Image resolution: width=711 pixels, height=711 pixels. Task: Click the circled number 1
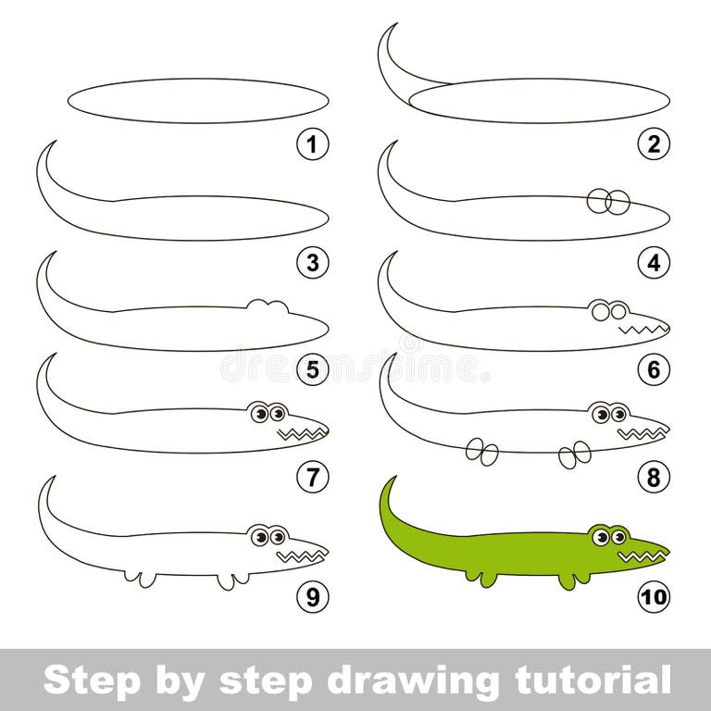click(313, 144)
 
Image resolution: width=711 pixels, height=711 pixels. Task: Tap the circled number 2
click(654, 144)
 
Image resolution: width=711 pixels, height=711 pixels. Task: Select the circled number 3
click(313, 264)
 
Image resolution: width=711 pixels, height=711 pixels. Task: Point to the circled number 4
click(654, 264)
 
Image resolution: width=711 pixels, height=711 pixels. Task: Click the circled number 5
click(313, 371)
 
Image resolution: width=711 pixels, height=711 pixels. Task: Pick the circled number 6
click(654, 371)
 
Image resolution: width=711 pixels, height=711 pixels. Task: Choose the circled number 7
click(313, 478)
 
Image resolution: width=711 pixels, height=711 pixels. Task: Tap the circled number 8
click(654, 478)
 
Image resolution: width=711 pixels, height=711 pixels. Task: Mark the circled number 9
click(313, 597)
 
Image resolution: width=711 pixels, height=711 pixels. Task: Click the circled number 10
click(654, 597)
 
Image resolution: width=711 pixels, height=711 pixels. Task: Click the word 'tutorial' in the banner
click(583, 680)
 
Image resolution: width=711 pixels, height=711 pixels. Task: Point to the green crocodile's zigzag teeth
click(637, 556)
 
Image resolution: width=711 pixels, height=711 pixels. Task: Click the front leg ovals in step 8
click(575, 453)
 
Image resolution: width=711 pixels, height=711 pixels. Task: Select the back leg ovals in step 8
click(481, 451)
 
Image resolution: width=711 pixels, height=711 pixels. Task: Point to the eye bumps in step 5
click(267, 306)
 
